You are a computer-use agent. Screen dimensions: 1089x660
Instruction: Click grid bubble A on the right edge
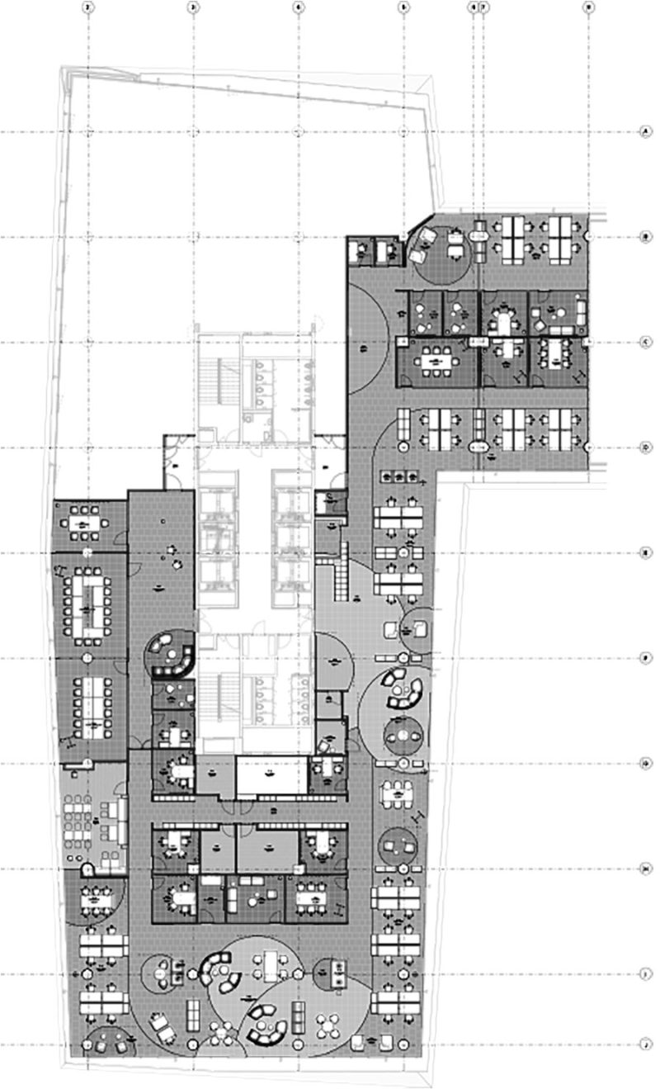click(646, 132)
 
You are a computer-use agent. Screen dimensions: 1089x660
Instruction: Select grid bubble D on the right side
click(646, 447)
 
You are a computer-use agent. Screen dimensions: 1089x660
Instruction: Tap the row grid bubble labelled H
click(646, 869)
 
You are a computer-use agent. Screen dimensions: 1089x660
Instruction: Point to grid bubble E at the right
click(646, 552)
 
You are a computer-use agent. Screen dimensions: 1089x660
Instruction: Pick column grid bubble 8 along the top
click(588, 7)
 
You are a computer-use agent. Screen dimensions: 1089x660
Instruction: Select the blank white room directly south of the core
click(272, 776)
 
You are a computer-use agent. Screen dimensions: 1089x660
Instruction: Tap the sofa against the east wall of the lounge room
click(582, 311)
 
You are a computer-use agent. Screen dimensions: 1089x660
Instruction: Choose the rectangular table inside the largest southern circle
click(273, 961)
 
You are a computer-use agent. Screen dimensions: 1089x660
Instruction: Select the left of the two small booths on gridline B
click(360, 250)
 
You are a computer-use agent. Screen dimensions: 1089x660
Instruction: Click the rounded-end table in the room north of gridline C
click(502, 318)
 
